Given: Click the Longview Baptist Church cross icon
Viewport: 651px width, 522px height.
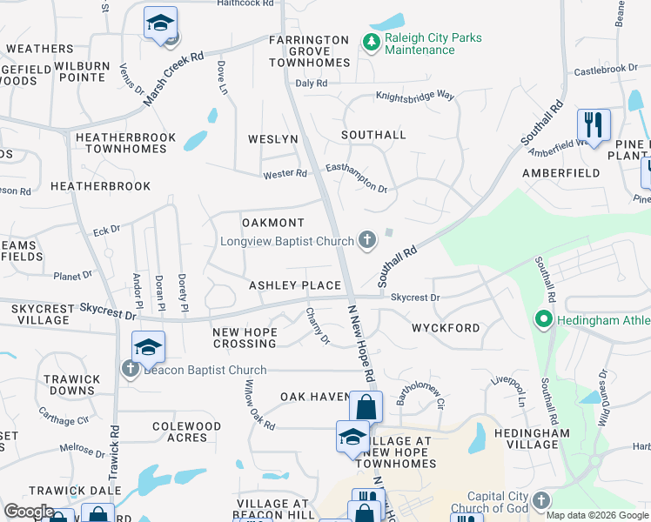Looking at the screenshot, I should tap(367, 240).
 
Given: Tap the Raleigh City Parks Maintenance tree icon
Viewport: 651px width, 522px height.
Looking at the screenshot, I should tap(370, 42).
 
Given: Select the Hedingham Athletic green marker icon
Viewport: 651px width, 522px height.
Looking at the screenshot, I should tap(545, 320).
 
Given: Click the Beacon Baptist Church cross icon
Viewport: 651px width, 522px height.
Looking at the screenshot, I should tap(131, 370).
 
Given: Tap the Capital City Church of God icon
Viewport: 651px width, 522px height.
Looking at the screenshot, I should tap(541, 501).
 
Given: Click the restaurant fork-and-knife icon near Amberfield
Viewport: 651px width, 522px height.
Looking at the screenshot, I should tap(594, 125).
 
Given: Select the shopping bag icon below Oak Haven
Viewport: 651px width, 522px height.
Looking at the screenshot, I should tap(366, 407).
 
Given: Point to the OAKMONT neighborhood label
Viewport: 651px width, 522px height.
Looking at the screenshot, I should tap(273, 224).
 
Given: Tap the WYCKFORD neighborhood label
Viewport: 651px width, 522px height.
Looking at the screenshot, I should tap(446, 328).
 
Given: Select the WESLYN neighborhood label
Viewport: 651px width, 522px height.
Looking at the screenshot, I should tap(272, 139).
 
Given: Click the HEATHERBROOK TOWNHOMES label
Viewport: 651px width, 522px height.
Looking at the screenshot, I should tap(125, 144).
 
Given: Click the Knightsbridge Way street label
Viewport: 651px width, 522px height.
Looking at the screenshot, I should tap(415, 97).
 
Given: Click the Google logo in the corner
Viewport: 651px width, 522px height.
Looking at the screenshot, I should tap(29, 512).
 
